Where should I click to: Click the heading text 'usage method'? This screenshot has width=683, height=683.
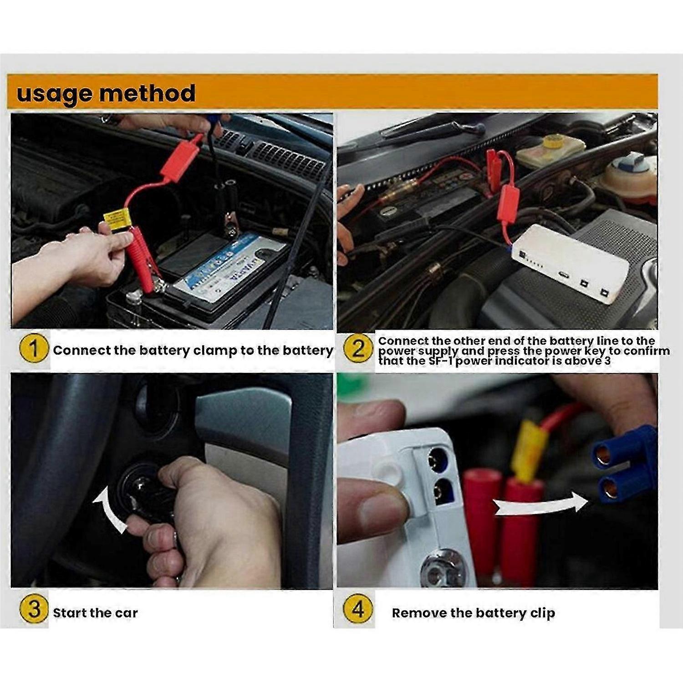(x=106, y=93)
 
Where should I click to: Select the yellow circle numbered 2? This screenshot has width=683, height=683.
(x=358, y=349)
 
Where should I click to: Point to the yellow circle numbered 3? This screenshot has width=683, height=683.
(x=34, y=610)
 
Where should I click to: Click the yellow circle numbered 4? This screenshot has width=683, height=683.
(x=358, y=610)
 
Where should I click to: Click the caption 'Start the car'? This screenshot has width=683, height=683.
(x=95, y=613)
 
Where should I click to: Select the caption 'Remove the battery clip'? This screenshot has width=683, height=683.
(x=473, y=613)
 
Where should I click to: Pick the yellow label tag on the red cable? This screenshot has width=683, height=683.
(x=117, y=218)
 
